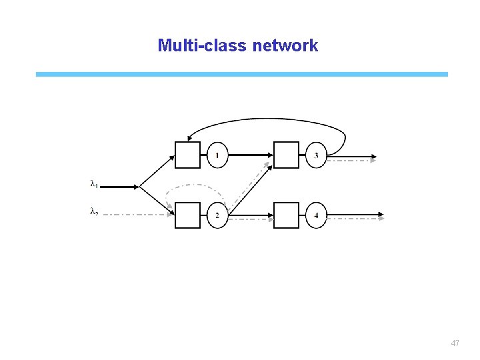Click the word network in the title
[x=285, y=46]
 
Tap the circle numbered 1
[x=217, y=155]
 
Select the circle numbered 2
[x=217, y=215]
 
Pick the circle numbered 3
[x=316, y=155]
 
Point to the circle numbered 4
[x=316, y=215]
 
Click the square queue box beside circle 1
[x=187, y=155]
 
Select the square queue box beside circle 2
[x=187, y=215]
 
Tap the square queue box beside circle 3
[x=287, y=155]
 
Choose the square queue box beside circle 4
[x=287, y=215]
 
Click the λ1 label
[x=94, y=183]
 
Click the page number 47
[x=455, y=343]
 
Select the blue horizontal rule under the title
[x=242, y=74]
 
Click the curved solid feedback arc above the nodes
[x=267, y=120]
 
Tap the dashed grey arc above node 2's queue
[x=197, y=185]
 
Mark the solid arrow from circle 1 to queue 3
[x=250, y=155]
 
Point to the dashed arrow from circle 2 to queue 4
[x=251, y=218]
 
